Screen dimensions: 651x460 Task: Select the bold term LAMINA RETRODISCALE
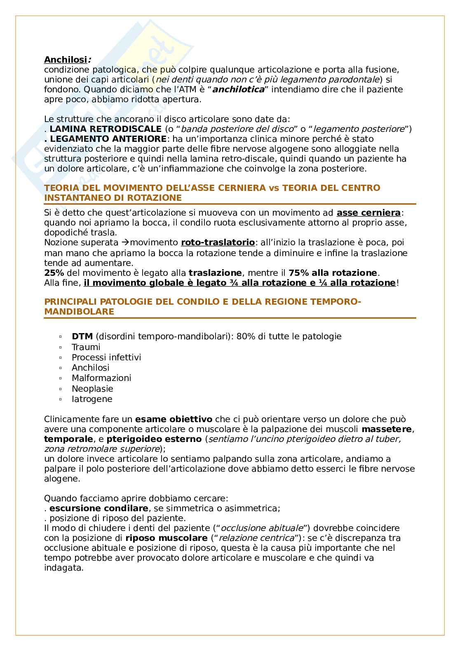[106, 129]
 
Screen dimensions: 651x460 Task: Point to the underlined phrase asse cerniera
[368, 213]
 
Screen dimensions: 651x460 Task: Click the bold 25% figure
[52, 273]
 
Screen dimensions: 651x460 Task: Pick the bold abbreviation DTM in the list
[82, 336]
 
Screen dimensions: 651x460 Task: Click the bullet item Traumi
[86, 347]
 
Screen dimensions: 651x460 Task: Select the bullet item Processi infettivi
[106, 357]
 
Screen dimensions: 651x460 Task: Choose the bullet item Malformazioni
[101, 378]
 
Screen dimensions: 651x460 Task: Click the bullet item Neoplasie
[92, 388]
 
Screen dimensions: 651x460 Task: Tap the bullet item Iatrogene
[92, 399]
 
